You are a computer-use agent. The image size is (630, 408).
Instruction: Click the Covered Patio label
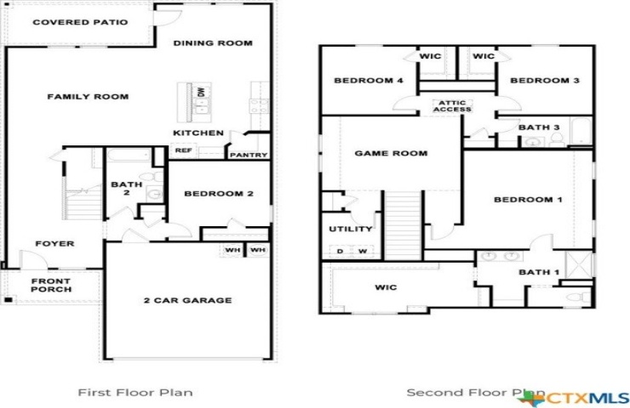point(80,22)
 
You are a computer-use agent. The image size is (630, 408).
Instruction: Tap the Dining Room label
point(213,43)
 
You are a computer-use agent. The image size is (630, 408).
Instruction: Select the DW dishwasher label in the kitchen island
point(201,92)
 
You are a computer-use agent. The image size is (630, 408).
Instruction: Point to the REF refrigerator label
point(184,150)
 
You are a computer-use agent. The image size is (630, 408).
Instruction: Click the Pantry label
point(249,155)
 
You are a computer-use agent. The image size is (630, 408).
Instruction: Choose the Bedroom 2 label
point(219,194)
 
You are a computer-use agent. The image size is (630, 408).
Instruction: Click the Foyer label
point(54,243)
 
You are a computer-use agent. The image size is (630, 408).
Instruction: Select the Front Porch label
point(51,286)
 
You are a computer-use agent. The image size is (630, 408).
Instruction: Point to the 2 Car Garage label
point(188,300)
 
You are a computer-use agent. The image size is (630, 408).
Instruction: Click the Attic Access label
point(452,106)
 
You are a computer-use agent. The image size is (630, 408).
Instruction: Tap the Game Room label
point(391,153)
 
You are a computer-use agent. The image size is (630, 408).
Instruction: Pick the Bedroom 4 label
point(369,81)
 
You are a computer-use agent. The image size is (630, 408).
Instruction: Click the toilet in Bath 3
point(557,139)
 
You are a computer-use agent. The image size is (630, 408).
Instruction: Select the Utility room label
point(351,229)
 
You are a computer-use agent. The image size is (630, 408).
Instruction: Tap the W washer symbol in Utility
point(363,251)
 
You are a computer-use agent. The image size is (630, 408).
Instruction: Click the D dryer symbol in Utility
point(341,251)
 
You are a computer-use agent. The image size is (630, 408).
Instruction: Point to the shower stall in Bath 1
point(579,264)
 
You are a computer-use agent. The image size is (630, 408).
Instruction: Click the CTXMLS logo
point(574,398)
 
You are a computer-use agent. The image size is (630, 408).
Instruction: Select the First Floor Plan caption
point(135,392)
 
